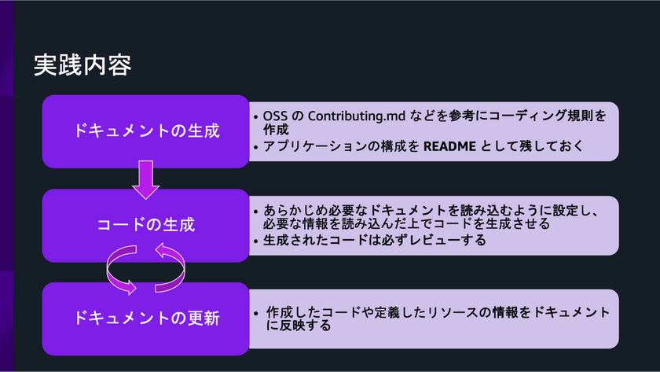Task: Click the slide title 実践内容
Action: pyautogui.click(x=82, y=65)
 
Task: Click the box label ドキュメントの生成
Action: pyautogui.click(x=146, y=131)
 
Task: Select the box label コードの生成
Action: pyautogui.click(x=146, y=225)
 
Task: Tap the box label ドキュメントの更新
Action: pyautogui.click(x=146, y=318)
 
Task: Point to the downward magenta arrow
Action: pyautogui.click(x=145, y=179)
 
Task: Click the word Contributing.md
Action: pyautogui.click(x=357, y=116)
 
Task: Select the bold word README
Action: pyautogui.click(x=449, y=146)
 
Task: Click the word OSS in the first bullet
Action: pyautogui.click(x=275, y=116)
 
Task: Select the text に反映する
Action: pyautogui.click(x=299, y=326)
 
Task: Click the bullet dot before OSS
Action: pyautogui.click(x=256, y=116)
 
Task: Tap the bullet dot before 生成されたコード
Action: pyautogui.click(x=256, y=241)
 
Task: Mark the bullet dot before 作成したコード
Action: pyautogui.click(x=256, y=314)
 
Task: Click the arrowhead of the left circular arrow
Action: pyautogui.click(x=130, y=288)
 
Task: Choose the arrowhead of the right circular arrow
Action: pyautogui.click(x=162, y=250)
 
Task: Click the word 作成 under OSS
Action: pyautogui.click(x=276, y=129)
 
